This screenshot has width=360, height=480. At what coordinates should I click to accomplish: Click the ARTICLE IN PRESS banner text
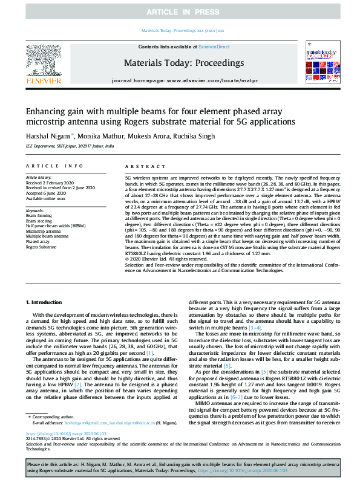180,13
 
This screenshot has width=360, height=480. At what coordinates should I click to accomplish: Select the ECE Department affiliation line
69,146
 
